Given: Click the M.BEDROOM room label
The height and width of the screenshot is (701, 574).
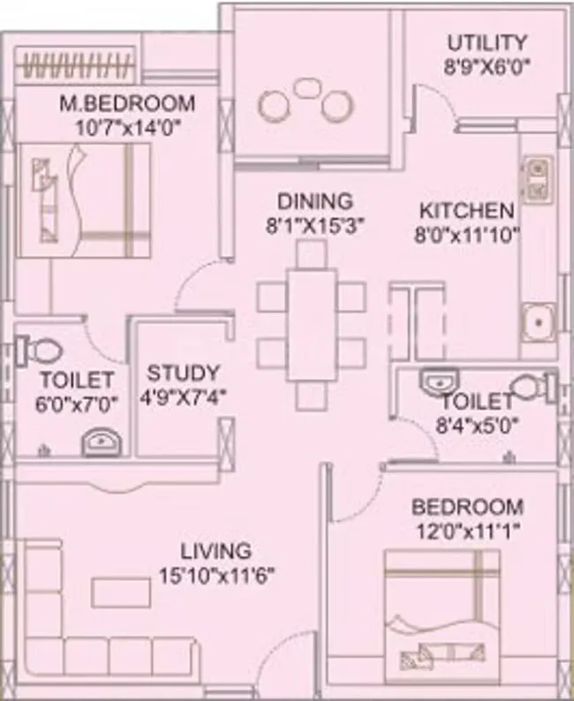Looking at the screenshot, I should coord(126,103).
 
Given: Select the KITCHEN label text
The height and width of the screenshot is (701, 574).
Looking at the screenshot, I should coord(465,211).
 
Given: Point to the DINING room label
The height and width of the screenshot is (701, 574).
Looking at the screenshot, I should coord(314,202).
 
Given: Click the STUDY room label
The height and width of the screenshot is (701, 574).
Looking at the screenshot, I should coord(183,373).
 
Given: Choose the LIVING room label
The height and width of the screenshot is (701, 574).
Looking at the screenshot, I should coord(215,552).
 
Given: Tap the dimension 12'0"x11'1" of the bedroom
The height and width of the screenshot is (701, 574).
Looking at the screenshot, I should coord(467,531).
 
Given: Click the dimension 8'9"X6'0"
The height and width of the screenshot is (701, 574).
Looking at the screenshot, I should coord(487,65).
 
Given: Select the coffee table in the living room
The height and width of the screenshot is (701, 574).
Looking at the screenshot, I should coord(120,592).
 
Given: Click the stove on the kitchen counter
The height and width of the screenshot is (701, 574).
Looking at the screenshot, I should coord(537,181).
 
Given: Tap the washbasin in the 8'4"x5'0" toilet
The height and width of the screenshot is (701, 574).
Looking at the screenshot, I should coord(434,381).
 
